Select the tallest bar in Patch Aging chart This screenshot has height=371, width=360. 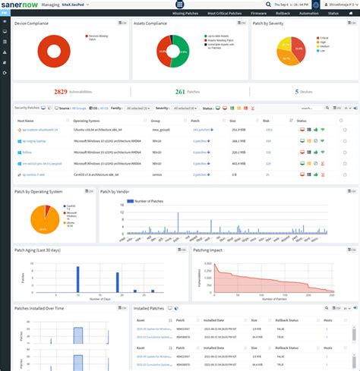point(78,278)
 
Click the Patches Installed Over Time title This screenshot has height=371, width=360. point(39,309)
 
